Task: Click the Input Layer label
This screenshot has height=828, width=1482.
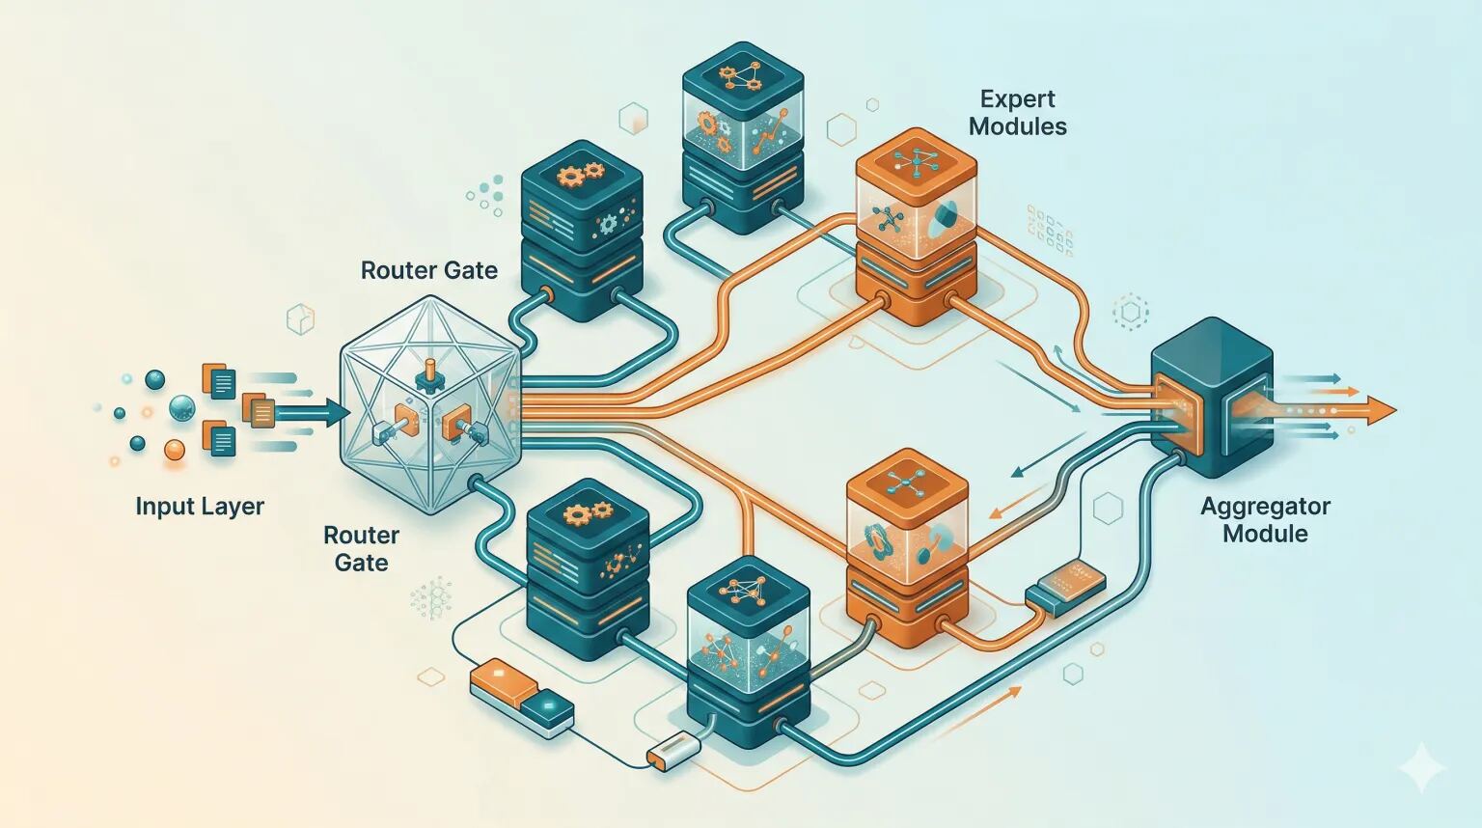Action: tap(200, 507)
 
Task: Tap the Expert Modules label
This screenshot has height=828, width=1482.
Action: tap(1018, 113)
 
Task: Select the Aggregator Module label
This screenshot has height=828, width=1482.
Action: tap(1265, 519)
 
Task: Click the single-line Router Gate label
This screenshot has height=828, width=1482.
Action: tap(428, 270)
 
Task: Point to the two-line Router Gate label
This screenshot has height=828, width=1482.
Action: tap(361, 549)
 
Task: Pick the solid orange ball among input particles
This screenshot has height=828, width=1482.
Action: tap(174, 450)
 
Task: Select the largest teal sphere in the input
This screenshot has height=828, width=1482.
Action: tap(182, 407)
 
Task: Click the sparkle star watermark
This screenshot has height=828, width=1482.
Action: tap(1422, 767)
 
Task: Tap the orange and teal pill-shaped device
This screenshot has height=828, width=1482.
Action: tap(522, 698)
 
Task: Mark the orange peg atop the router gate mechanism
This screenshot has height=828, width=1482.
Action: tap(428, 368)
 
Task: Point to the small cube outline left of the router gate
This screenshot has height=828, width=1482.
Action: tap(300, 319)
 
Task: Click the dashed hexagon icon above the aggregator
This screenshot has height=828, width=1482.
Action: tap(1130, 311)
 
